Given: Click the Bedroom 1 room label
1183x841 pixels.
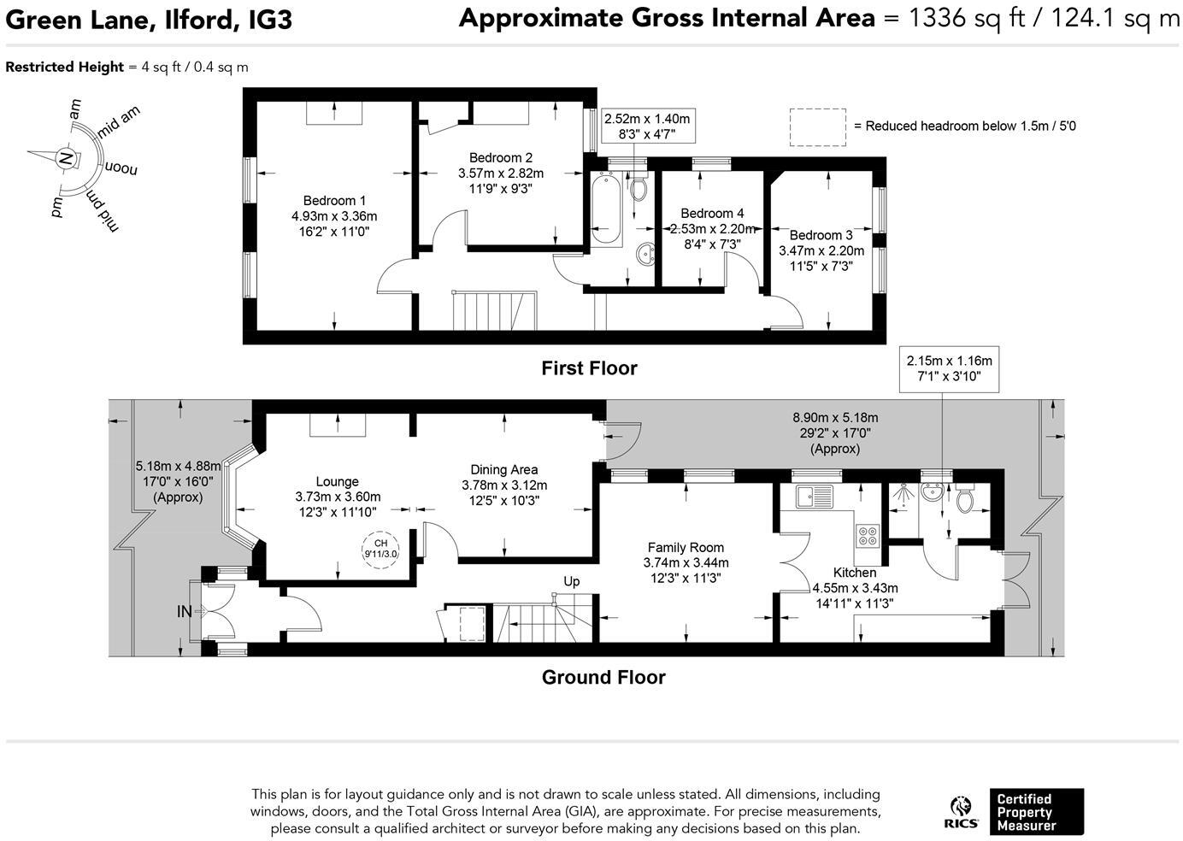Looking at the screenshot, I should (333, 201).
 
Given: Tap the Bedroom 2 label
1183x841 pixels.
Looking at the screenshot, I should (501, 157).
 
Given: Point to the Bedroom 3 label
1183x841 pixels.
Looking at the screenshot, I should (821, 235).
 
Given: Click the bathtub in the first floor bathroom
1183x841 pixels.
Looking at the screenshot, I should (605, 208).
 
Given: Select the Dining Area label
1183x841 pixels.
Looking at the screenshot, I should (504, 469).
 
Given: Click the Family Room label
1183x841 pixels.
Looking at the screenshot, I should (686, 547).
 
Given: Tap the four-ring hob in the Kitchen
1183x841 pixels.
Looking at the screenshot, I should (868, 535).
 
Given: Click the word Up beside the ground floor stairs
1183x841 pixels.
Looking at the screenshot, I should (571, 581).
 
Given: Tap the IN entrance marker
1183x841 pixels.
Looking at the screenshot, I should (185, 611).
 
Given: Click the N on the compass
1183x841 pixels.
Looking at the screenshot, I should (64, 158).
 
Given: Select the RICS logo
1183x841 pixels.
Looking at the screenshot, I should (962, 812).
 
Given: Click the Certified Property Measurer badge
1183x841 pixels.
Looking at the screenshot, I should (1036, 812).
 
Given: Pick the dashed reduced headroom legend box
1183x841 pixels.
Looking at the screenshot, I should (817, 126).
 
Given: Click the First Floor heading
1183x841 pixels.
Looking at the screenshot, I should (589, 368).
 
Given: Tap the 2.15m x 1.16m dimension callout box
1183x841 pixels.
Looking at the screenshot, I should (949, 368).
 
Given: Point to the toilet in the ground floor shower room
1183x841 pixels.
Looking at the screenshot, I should (965, 500).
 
